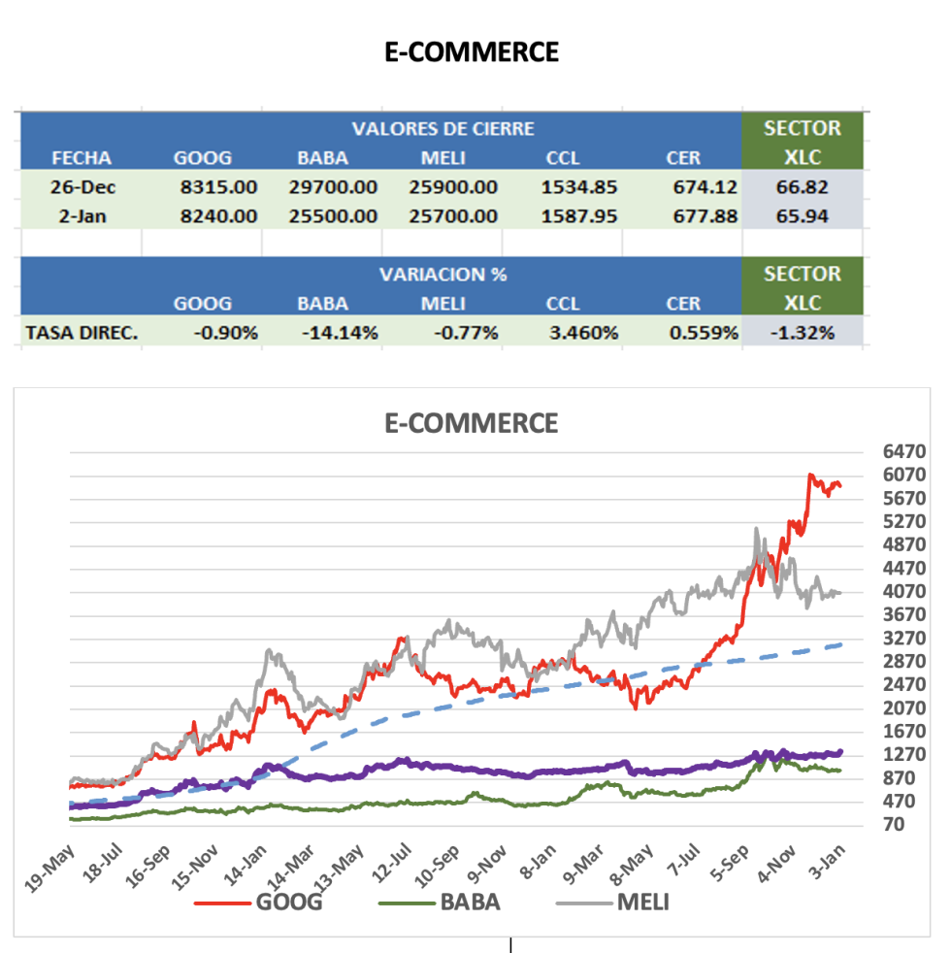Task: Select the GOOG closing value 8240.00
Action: tap(219, 216)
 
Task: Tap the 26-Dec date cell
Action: tap(82, 186)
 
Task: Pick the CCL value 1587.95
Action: tap(580, 216)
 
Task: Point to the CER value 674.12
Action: tap(702, 186)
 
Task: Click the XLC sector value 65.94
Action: tap(802, 216)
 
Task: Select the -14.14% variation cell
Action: tap(340, 333)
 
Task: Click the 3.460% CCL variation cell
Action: tap(583, 333)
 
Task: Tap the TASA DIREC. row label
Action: tap(82, 333)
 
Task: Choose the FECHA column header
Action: tap(82, 157)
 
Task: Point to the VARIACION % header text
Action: tap(443, 275)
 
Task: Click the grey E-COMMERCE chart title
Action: tap(471, 423)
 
